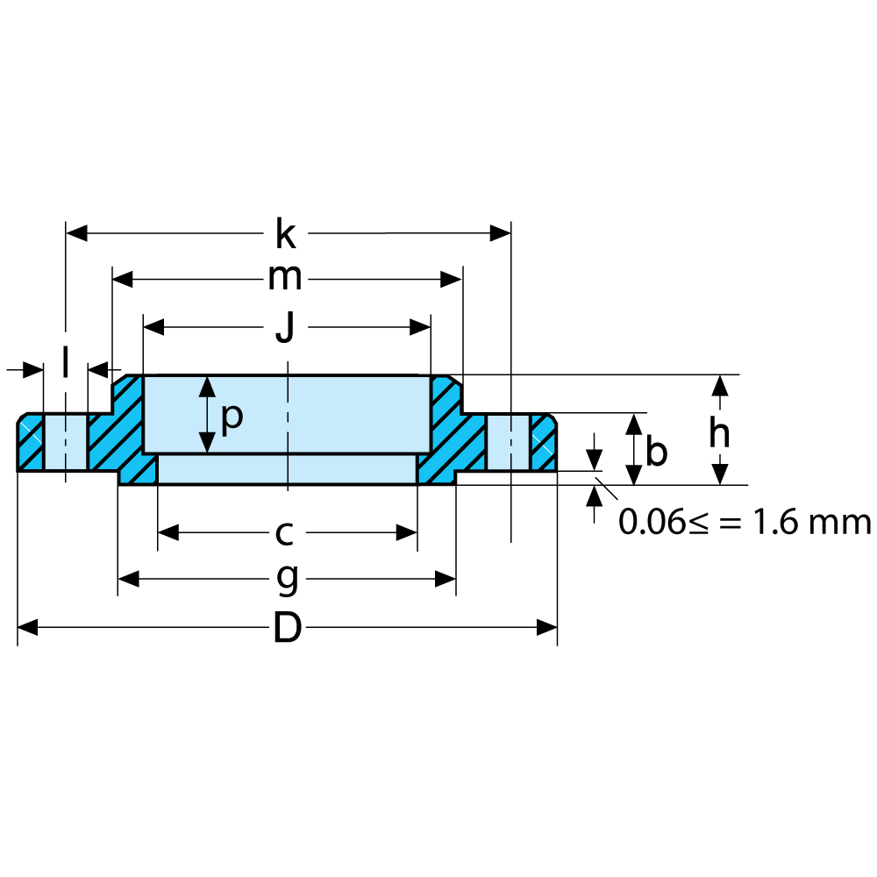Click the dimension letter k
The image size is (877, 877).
[285, 234]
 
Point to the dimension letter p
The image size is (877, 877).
[231, 417]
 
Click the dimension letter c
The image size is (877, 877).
[283, 532]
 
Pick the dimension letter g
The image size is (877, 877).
[287, 579]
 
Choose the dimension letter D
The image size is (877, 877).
[287, 628]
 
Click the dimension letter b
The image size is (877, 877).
[656, 452]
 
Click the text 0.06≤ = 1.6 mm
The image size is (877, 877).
[745, 523]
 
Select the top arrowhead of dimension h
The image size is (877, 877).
[720, 385]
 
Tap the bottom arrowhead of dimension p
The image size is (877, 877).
[206, 444]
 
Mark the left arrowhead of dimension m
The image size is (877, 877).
[123, 280]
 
